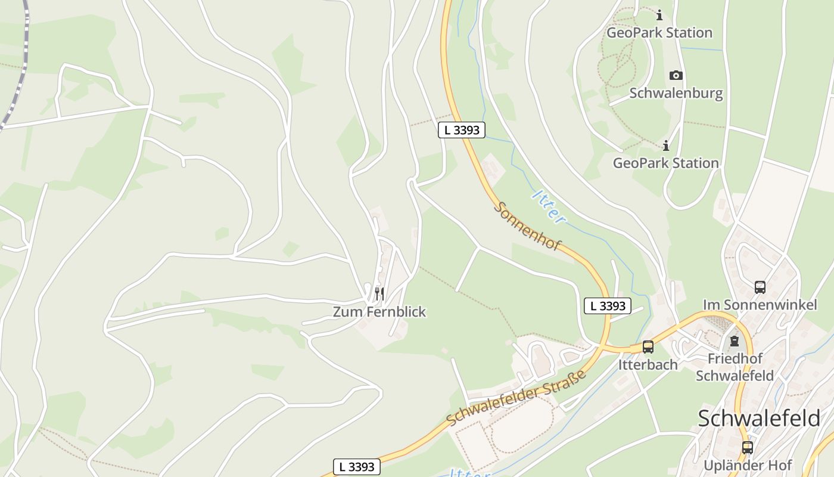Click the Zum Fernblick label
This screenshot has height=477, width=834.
[x=379, y=312]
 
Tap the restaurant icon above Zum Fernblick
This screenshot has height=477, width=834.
[x=379, y=293]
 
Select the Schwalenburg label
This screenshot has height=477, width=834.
[x=676, y=93]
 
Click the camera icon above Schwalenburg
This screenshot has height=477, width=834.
[x=676, y=75]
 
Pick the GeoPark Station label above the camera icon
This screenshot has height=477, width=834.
[x=659, y=32]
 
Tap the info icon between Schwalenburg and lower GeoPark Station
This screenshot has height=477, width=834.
[x=666, y=145]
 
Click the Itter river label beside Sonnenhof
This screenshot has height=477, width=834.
[x=549, y=207]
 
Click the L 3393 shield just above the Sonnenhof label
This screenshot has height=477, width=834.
[x=462, y=129]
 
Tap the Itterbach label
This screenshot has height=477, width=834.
[x=648, y=364]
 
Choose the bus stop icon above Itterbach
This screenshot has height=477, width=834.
[x=648, y=346]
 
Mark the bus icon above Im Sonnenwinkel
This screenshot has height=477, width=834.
[x=760, y=287]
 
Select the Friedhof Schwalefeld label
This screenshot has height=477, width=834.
[x=735, y=367]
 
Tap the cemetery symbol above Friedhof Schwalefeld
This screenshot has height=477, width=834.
[x=735, y=341]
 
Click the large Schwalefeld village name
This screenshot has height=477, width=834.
[x=759, y=418]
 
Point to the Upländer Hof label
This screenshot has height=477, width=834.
[x=748, y=465]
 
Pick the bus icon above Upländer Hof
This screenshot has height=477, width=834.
[x=748, y=447]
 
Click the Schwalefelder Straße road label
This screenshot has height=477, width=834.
[x=516, y=397]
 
